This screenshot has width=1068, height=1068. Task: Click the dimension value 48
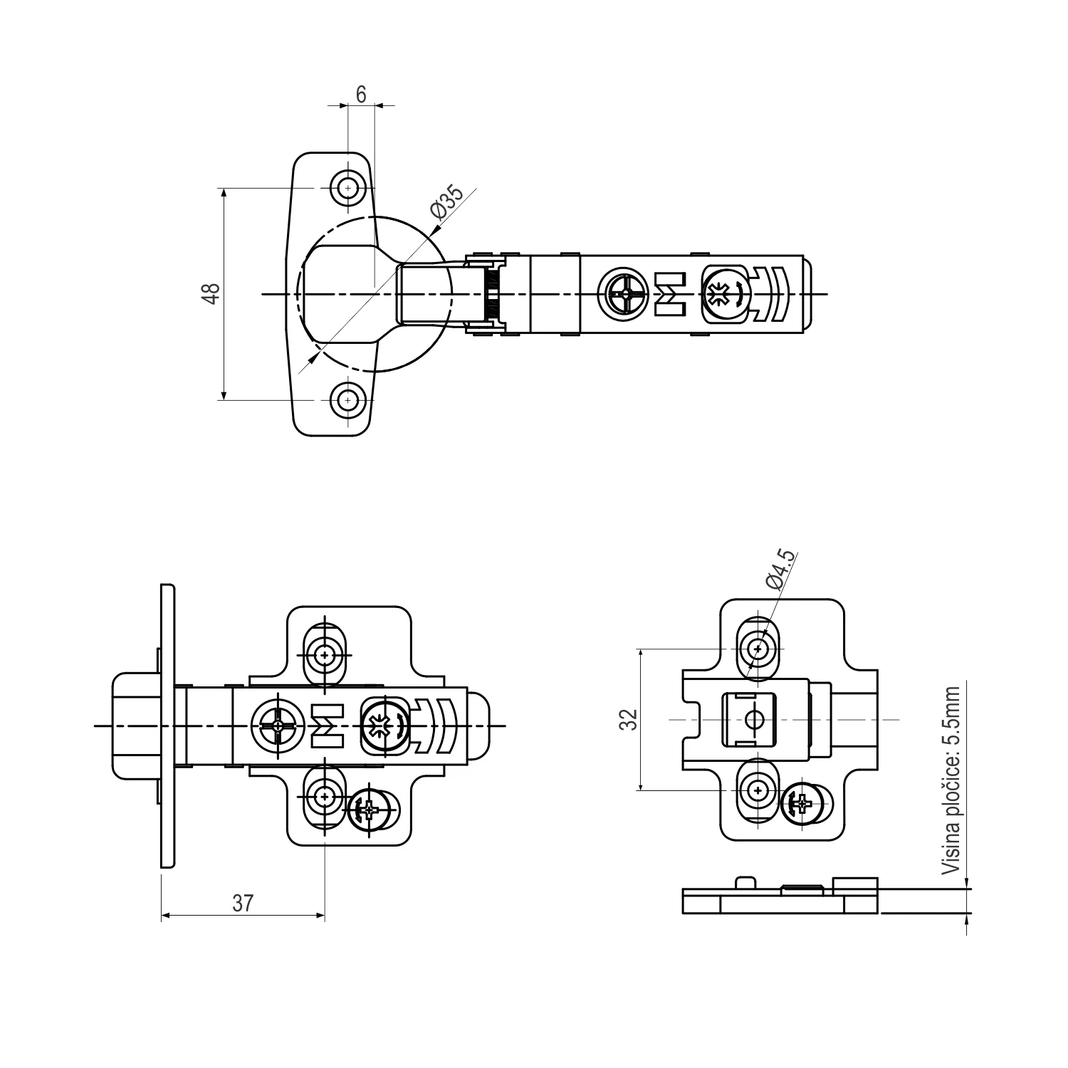pyautogui.click(x=211, y=294)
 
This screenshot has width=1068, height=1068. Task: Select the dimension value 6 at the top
pyautogui.click(x=361, y=94)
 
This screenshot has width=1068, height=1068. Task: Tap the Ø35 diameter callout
pyautogui.click(x=446, y=201)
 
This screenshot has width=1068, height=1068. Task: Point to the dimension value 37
pyautogui.click(x=243, y=903)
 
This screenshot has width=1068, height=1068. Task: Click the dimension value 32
pyautogui.click(x=628, y=720)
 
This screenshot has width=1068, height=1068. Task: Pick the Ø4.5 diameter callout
pyautogui.click(x=782, y=570)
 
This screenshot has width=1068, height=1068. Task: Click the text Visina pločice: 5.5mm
pyautogui.click(x=951, y=780)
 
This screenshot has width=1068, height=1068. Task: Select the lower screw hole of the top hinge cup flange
pyautogui.click(x=347, y=400)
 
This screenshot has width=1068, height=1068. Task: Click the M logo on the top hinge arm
pyautogui.click(x=669, y=294)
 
